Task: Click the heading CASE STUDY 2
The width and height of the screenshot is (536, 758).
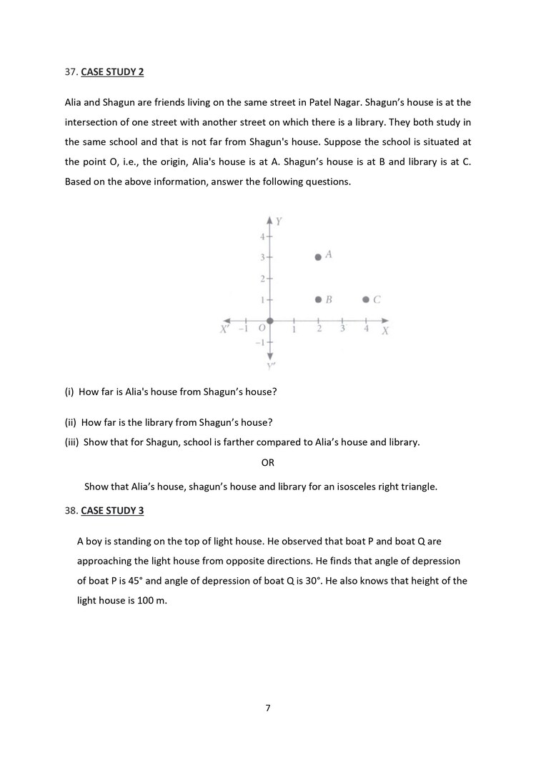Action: click(x=114, y=72)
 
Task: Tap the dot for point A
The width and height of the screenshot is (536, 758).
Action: click(x=319, y=256)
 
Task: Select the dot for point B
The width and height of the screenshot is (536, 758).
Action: click(x=319, y=300)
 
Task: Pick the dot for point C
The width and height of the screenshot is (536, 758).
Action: click(x=367, y=300)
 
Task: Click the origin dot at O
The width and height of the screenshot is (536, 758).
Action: click(x=269, y=321)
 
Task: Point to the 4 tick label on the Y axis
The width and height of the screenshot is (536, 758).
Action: click(x=262, y=236)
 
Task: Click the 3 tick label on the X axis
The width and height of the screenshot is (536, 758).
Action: click(x=343, y=329)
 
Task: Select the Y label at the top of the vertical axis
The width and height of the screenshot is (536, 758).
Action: click(x=279, y=221)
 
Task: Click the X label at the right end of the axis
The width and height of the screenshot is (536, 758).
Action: click(x=384, y=332)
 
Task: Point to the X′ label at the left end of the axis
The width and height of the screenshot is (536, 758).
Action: click(x=224, y=329)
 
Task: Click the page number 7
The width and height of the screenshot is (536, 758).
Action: click(x=268, y=708)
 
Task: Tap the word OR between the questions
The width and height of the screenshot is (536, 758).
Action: click(x=268, y=463)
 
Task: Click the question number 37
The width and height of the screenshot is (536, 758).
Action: click(x=71, y=72)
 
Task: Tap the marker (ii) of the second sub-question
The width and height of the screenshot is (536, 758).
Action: click(x=71, y=422)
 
